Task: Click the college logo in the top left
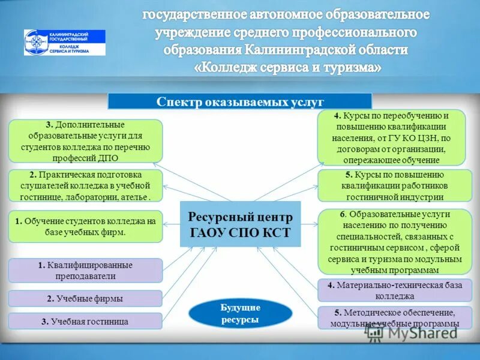64,43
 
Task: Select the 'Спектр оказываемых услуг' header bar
240,101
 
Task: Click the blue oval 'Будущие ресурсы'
240,314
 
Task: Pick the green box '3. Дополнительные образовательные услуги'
85,141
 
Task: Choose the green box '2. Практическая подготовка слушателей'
85,185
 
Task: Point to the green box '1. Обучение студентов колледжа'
85,226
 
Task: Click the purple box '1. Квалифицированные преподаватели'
85,271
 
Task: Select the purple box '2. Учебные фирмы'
85,298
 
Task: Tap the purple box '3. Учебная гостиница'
85,321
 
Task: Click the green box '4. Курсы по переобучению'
391,137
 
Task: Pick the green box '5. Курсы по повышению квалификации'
391,185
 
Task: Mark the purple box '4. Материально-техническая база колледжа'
391,290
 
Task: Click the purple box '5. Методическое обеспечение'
391,318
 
